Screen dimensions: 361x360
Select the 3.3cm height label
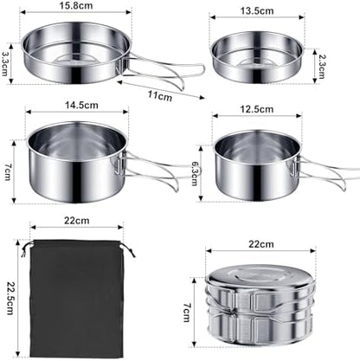click(7, 62)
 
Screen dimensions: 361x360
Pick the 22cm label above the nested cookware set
click(254, 245)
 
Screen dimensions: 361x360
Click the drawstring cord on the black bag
click(130, 252)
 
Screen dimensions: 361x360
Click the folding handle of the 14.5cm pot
click(156, 170)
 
